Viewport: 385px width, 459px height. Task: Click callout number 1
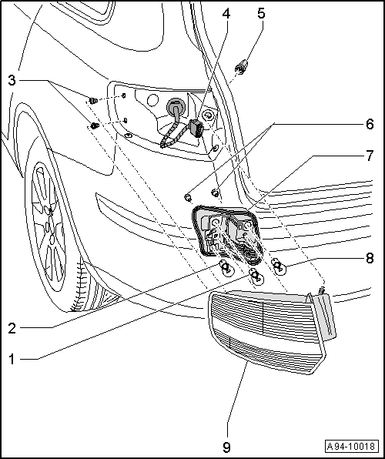[12, 359]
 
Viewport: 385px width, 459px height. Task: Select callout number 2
[12, 328]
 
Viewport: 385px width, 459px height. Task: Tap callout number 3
[12, 80]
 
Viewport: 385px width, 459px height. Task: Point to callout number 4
[226, 13]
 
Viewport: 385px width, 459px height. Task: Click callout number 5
[261, 13]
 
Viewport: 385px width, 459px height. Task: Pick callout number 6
[370, 124]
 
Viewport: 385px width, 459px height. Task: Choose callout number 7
[370, 156]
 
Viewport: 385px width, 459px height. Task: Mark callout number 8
[370, 258]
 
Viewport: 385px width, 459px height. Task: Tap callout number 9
[226, 447]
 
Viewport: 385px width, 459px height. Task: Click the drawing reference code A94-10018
[351, 447]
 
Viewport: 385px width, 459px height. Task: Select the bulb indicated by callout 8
[279, 267]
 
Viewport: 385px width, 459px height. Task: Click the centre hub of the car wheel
[50, 226]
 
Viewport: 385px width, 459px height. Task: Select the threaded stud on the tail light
[322, 291]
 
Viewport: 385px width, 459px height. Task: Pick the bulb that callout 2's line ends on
[226, 268]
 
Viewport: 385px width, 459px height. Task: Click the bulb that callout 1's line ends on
[256, 276]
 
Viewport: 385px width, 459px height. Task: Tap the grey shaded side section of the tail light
[323, 317]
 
